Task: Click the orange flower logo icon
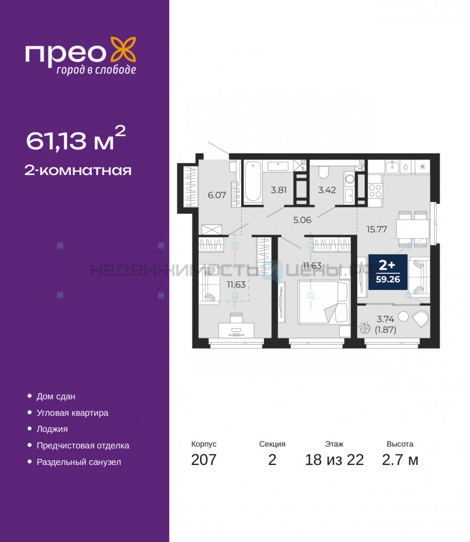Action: tap(123, 50)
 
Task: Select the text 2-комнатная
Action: tap(78, 170)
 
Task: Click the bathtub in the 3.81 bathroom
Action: tap(253, 182)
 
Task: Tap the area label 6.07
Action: tap(217, 195)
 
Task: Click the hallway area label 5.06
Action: tap(302, 220)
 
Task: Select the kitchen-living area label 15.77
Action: tap(377, 229)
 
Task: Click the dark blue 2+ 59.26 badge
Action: tap(388, 272)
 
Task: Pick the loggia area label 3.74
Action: tap(385, 319)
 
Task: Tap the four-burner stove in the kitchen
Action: tap(375, 191)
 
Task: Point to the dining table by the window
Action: tap(413, 229)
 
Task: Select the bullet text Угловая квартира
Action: tap(72, 412)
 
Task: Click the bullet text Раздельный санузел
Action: tap(79, 462)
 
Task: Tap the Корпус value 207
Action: tap(204, 460)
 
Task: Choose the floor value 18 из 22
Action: tap(334, 460)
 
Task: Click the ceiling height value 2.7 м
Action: tap(400, 460)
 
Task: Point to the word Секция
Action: tap(272, 444)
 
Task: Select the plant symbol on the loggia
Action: tap(364, 328)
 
